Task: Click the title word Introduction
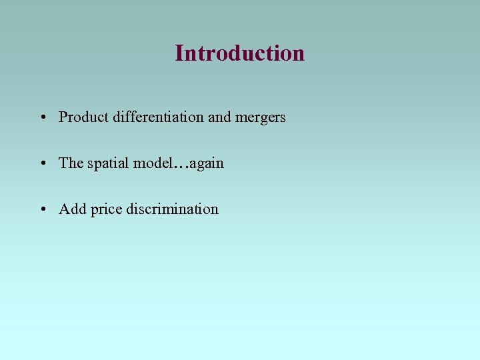click(x=240, y=53)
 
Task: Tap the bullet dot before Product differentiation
click(x=42, y=118)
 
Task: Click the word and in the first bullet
click(x=219, y=117)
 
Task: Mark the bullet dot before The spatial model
click(x=42, y=164)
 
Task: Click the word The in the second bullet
click(x=71, y=163)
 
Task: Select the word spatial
click(x=109, y=164)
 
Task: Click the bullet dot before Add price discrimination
click(x=42, y=210)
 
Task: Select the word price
click(x=106, y=210)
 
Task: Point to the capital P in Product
click(x=63, y=117)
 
